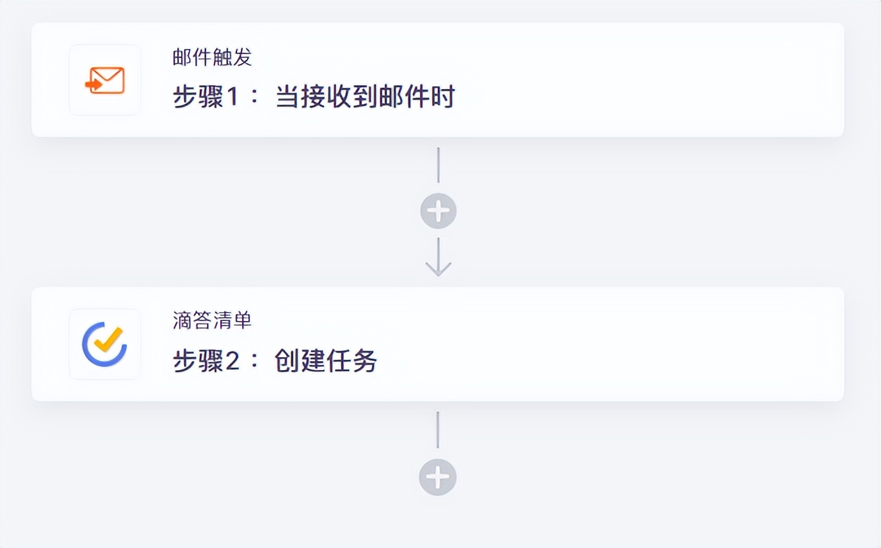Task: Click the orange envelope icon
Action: pyautogui.click(x=106, y=81)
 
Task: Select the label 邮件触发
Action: pyautogui.click(x=212, y=57)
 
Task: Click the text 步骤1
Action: pyautogui.click(x=198, y=97)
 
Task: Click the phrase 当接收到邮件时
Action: pyautogui.click(x=365, y=97)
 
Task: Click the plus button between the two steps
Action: pyautogui.click(x=438, y=211)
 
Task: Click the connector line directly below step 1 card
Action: pyautogui.click(x=438, y=165)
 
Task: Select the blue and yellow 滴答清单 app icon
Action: pyautogui.click(x=105, y=344)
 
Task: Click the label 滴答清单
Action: pyautogui.click(x=212, y=320)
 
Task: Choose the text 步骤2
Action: pyautogui.click(x=198, y=361)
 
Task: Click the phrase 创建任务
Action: pyautogui.click(x=326, y=361)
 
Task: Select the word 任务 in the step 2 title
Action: pyautogui.click(x=352, y=361)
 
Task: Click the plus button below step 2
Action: pyautogui.click(x=438, y=478)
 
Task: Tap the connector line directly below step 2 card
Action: pyautogui.click(x=438, y=430)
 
